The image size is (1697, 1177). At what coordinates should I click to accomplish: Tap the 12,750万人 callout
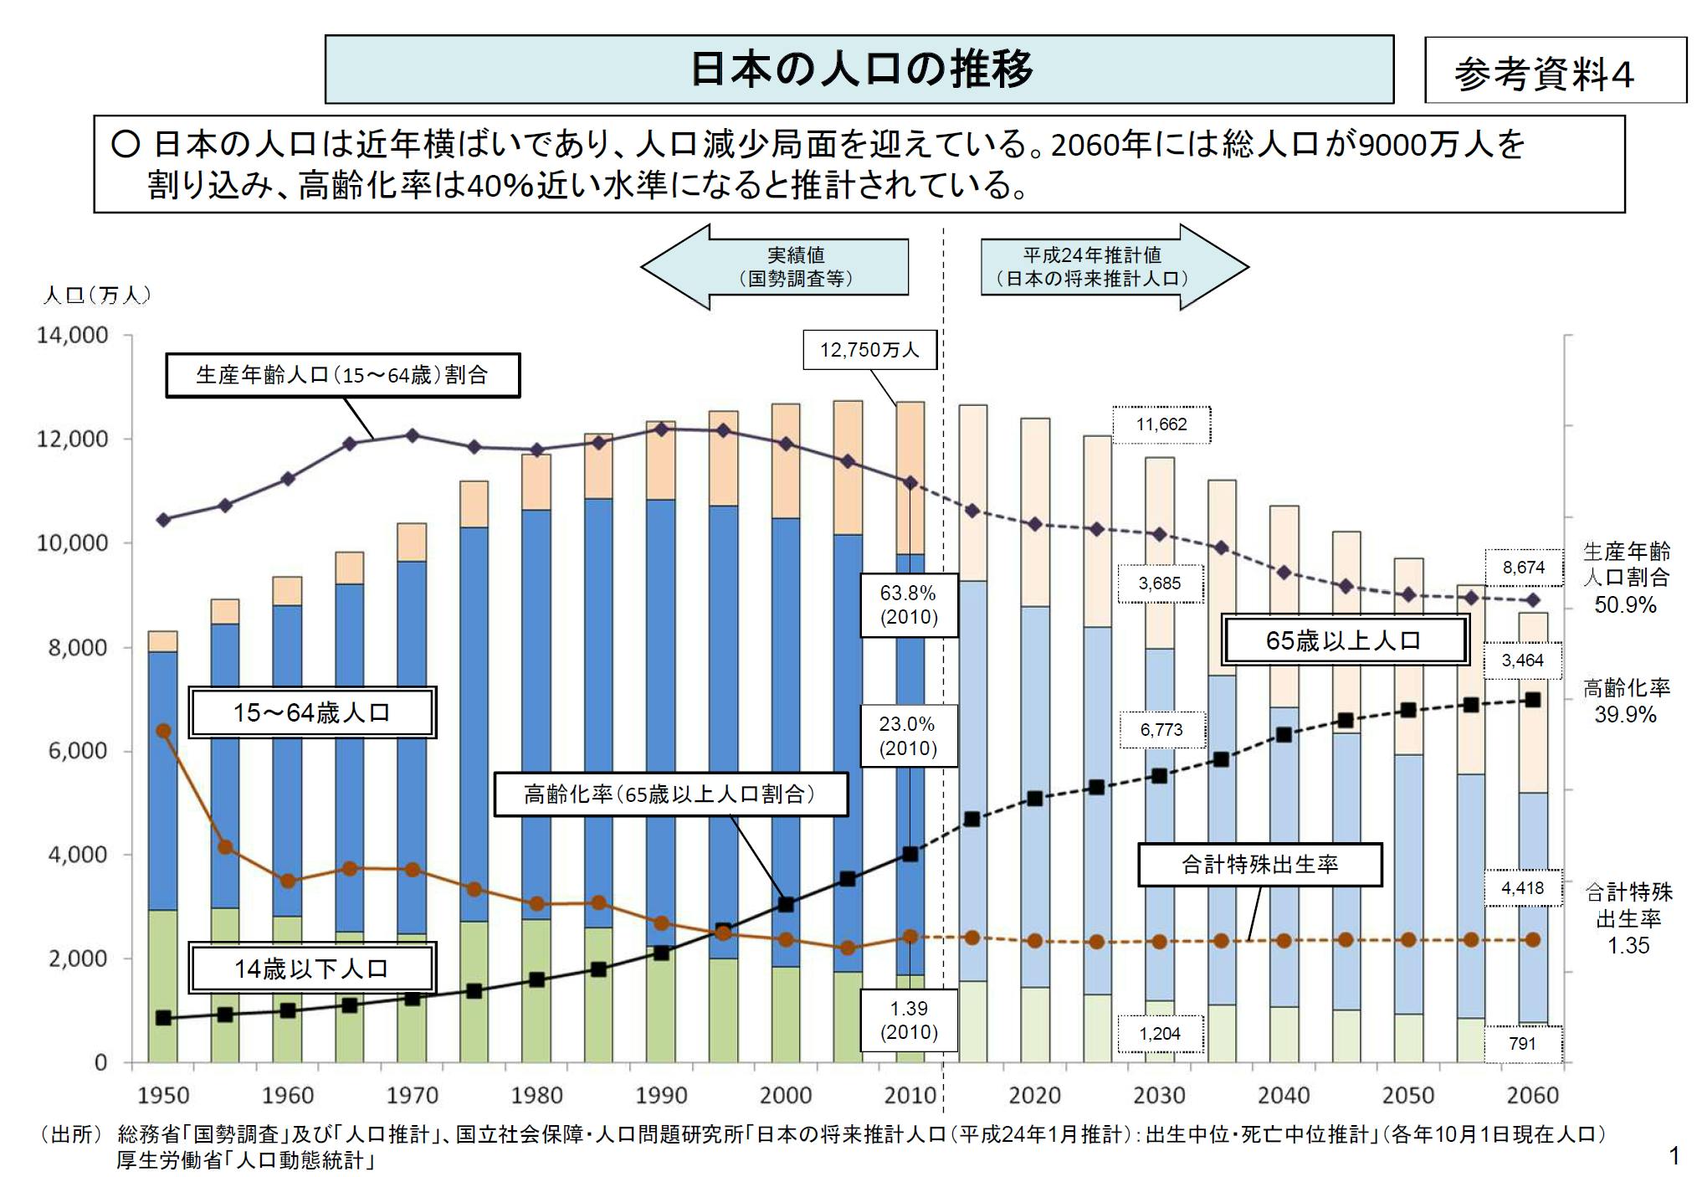pyautogui.click(x=869, y=350)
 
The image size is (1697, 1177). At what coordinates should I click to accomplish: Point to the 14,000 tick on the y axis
pyautogui.click(x=73, y=336)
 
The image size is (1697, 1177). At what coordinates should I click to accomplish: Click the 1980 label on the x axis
pyautogui.click(x=536, y=1095)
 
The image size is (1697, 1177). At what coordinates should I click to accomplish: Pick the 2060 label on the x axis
pyautogui.click(x=1532, y=1095)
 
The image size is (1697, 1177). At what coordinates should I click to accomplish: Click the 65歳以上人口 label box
pyautogui.click(x=1344, y=640)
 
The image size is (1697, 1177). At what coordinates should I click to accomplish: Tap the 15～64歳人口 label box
pyautogui.click(x=311, y=713)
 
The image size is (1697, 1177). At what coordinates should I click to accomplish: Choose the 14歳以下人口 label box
pyautogui.click(x=311, y=969)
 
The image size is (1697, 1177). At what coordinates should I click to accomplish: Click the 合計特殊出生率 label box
pyautogui.click(x=1259, y=865)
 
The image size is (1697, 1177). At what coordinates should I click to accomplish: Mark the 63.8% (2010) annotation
pyautogui.click(x=908, y=605)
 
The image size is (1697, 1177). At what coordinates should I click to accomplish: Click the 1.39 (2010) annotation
pyautogui.click(x=908, y=1020)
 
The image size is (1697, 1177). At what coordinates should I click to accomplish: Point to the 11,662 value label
pyautogui.click(x=1161, y=424)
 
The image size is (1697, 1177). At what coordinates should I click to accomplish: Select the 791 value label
pyautogui.click(x=1522, y=1044)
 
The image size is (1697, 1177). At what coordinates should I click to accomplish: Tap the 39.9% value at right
pyautogui.click(x=1625, y=715)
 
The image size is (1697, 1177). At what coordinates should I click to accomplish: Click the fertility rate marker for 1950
pyautogui.click(x=164, y=731)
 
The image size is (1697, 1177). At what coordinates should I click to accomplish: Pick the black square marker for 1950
pyautogui.click(x=164, y=1018)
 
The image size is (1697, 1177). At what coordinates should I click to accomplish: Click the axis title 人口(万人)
pyautogui.click(x=97, y=296)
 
